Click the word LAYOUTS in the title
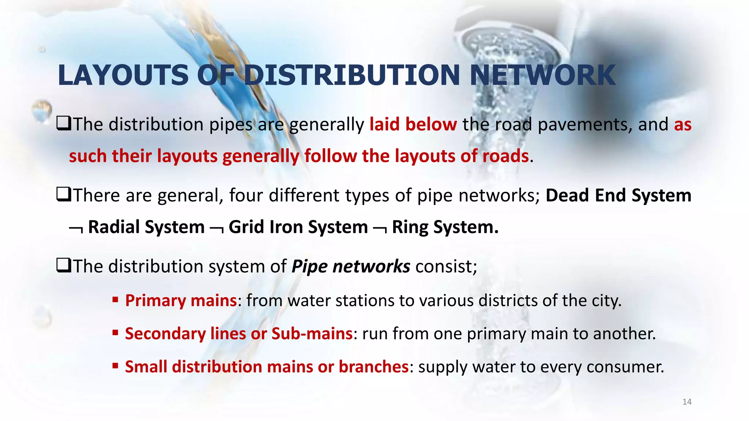[123, 75]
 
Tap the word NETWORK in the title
[543, 75]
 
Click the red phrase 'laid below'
[413, 125]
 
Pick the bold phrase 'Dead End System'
[618, 196]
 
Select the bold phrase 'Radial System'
[146, 227]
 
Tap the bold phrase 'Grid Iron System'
[298, 227]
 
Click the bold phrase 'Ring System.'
[445, 227]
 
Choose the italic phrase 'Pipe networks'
[351, 266]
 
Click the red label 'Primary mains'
[181, 301]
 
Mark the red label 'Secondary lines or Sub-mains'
[238, 334]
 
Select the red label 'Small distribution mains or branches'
[267, 367]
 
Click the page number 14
[687, 402]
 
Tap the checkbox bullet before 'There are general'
[64, 195]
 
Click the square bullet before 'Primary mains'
[115, 300]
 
